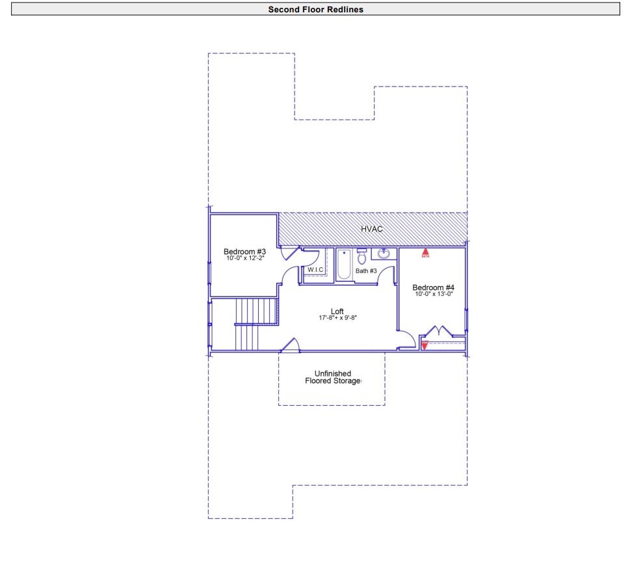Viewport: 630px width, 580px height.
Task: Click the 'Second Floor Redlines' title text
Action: pos(315,9)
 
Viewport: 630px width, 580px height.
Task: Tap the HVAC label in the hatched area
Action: pos(372,230)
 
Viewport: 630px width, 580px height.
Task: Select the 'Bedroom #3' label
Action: pos(244,252)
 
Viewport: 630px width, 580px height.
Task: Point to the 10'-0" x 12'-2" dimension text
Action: pos(244,258)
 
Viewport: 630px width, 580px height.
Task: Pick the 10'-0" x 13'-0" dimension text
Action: pos(434,294)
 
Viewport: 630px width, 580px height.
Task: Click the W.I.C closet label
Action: pos(315,270)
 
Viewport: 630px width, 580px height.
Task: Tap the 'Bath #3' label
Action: pos(366,270)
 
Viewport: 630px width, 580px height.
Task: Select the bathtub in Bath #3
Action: pos(344,265)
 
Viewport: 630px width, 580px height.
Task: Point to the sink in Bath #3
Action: pos(384,254)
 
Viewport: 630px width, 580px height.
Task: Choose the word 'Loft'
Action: pos(337,311)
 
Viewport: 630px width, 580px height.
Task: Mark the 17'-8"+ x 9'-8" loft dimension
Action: pos(337,318)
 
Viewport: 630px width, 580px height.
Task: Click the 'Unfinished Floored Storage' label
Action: pos(333,377)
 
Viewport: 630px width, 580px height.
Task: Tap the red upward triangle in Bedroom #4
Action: pos(426,250)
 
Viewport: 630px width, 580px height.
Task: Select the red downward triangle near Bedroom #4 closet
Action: pos(425,345)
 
